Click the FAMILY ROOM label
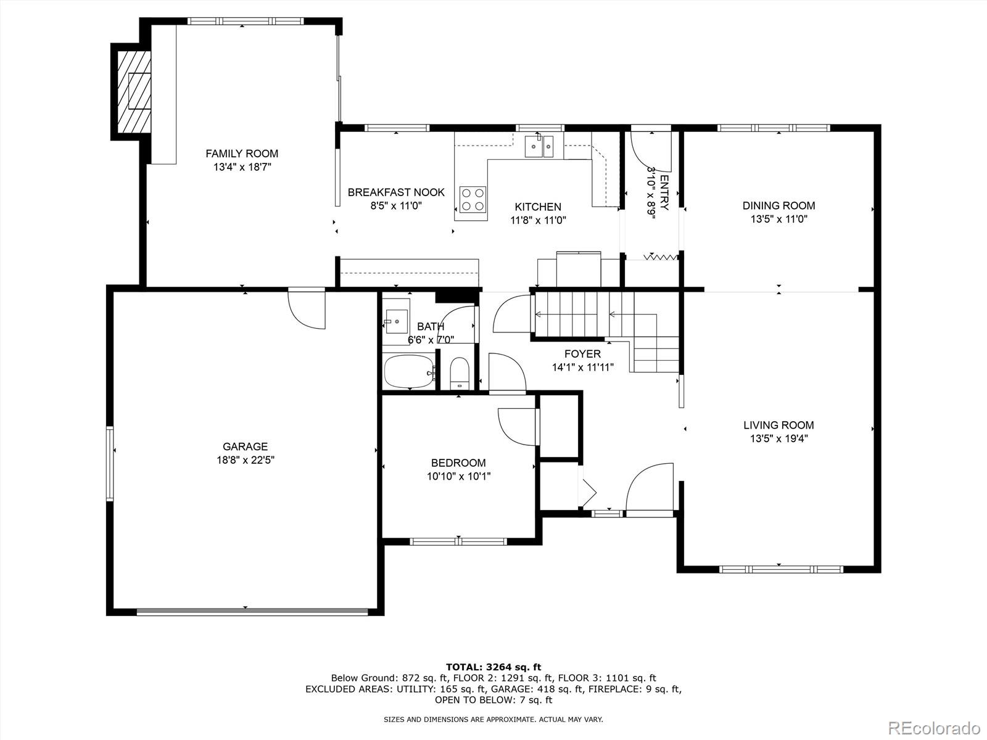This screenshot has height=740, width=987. (x=242, y=154)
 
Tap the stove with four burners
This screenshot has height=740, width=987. (x=473, y=199)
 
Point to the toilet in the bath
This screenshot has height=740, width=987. (x=460, y=372)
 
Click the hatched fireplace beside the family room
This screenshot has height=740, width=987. (x=133, y=91)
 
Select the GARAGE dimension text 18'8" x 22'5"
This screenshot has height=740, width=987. (x=246, y=460)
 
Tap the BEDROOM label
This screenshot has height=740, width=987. (x=458, y=462)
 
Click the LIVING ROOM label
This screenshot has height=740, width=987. (x=778, y=425)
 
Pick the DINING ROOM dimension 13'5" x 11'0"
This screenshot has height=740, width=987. (x=779, y=220)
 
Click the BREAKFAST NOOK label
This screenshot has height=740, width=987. (x=396, y=192)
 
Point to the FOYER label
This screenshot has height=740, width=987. (x=582, y=354)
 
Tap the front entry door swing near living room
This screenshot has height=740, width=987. (x=650, y=487)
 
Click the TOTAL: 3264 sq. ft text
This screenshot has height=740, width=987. (x=493, y=667)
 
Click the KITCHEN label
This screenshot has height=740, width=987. (x=538, y=207)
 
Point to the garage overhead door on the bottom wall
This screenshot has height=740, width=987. (x=252, y=612)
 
